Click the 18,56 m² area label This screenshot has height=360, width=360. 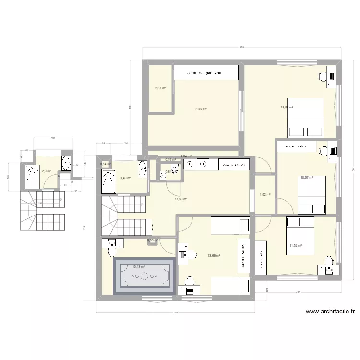(x=287, y=108)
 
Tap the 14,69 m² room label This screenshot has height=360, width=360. (x=201, y=109)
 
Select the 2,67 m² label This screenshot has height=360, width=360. (x=160, y=88)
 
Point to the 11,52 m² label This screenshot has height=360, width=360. (x=295, y=246)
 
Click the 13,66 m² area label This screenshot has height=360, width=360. (x=214, y=256)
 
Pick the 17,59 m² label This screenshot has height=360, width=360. (x=180, y=199)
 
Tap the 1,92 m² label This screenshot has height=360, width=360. (x=265, y=195)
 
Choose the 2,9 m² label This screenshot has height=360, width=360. (x=46, y=171)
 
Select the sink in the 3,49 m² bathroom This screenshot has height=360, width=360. (x=142, y=168)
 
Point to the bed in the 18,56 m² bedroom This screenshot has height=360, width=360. (x=305, y=118)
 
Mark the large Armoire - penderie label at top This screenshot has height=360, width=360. (x=206, y=72)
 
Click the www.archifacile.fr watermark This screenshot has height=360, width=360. (x=330, y=312)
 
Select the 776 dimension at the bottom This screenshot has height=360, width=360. (x=175, y=313)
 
